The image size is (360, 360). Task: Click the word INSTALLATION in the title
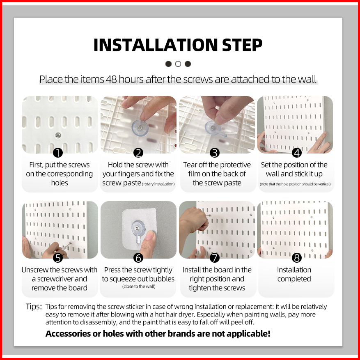[156, 45]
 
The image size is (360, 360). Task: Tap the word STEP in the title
[242, 45]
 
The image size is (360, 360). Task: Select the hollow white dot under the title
[178, 64]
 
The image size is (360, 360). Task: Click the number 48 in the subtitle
[111, 79]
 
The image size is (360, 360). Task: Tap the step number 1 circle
[58, 153]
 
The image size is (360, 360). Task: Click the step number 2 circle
[138, 153]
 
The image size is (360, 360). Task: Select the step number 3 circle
[215, 153]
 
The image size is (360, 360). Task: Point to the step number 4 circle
[297, 153]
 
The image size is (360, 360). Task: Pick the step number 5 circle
[58, 258]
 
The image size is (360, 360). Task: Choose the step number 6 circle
[138, 258]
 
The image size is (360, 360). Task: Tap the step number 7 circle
[215, 258]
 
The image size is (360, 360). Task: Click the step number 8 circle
[297, 258]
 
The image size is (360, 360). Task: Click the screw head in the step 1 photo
[58, 136]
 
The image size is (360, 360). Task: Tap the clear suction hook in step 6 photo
[138, 231]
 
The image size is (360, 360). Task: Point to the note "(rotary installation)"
[158, 184]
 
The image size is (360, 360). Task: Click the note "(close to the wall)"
[139, 286]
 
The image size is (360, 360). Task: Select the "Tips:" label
[34, 307]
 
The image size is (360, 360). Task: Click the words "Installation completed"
[294, 274]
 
